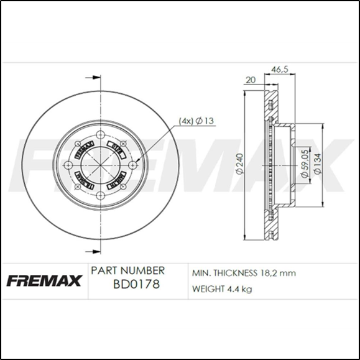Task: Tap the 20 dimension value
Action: click(x=251, y=80)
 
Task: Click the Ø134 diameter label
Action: click(x=318, y=164)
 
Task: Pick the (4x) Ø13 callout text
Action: click(x=196, y=120)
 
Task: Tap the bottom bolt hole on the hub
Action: click(x=101, y=196)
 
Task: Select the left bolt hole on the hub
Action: click(x=69, y=165)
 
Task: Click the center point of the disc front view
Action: click(x=101, y=165)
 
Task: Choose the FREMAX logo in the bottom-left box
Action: click(x=44, y=280)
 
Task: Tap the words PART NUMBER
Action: click(x=127, y=271)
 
